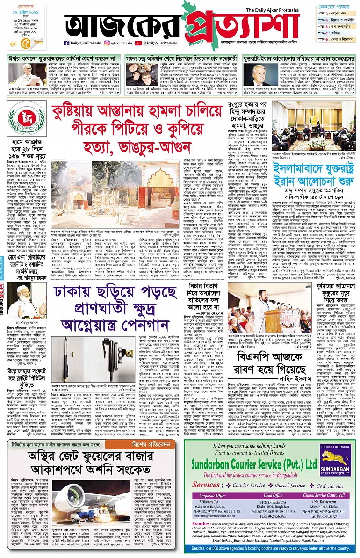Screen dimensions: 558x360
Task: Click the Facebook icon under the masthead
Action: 67,43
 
